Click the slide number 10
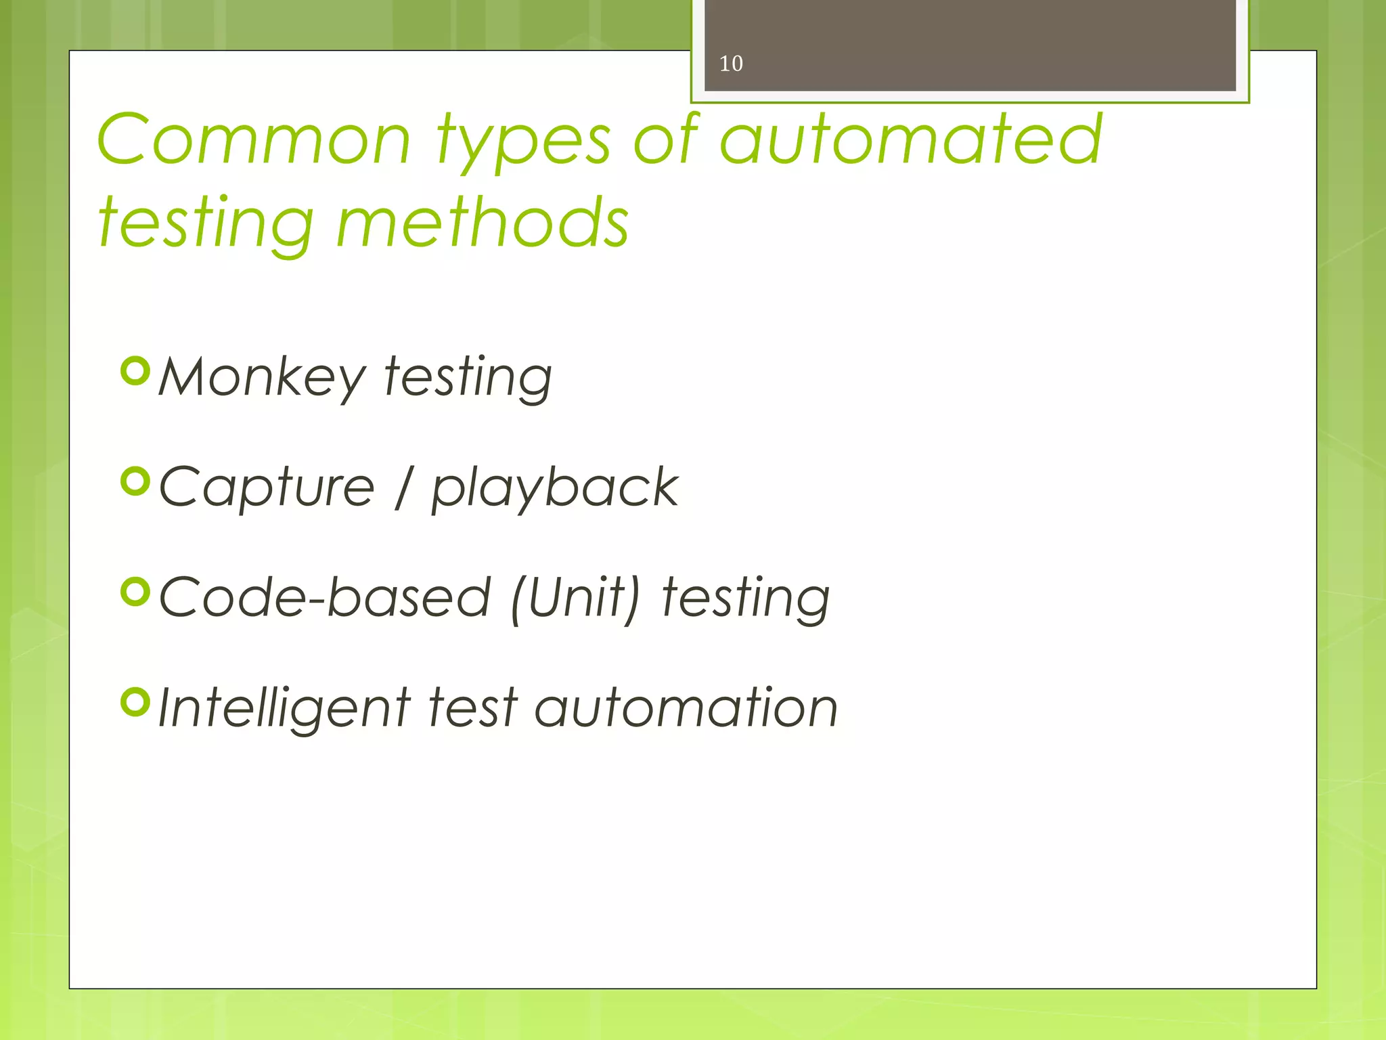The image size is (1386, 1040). click(731, 64)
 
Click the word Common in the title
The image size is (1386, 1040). click(254, 140)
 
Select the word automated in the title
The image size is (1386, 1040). click(910, 140)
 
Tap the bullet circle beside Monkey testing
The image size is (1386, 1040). click(135, 371)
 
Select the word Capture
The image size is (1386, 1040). click(267, 488)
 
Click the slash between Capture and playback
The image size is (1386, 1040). click(403, 488)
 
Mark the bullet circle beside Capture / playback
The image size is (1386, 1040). click(135, 481)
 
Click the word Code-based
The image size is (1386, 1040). click(324, 597)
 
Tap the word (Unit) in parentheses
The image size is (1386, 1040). click(575, 599)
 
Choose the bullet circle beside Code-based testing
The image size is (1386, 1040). click(135, 592)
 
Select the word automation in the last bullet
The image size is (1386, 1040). click(686, 708)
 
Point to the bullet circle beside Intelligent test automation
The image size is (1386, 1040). click(135, 702)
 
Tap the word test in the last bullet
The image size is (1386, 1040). click(473, 708)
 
